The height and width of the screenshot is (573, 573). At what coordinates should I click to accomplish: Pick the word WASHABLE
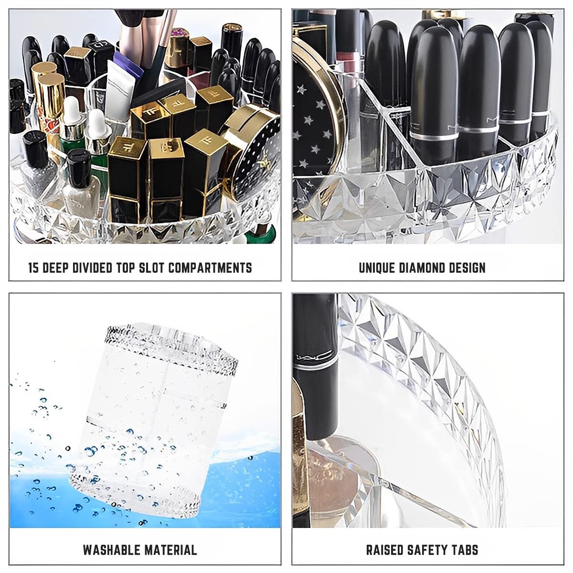click(113, 550)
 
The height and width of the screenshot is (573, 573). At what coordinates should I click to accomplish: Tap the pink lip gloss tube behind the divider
click(347, 67)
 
